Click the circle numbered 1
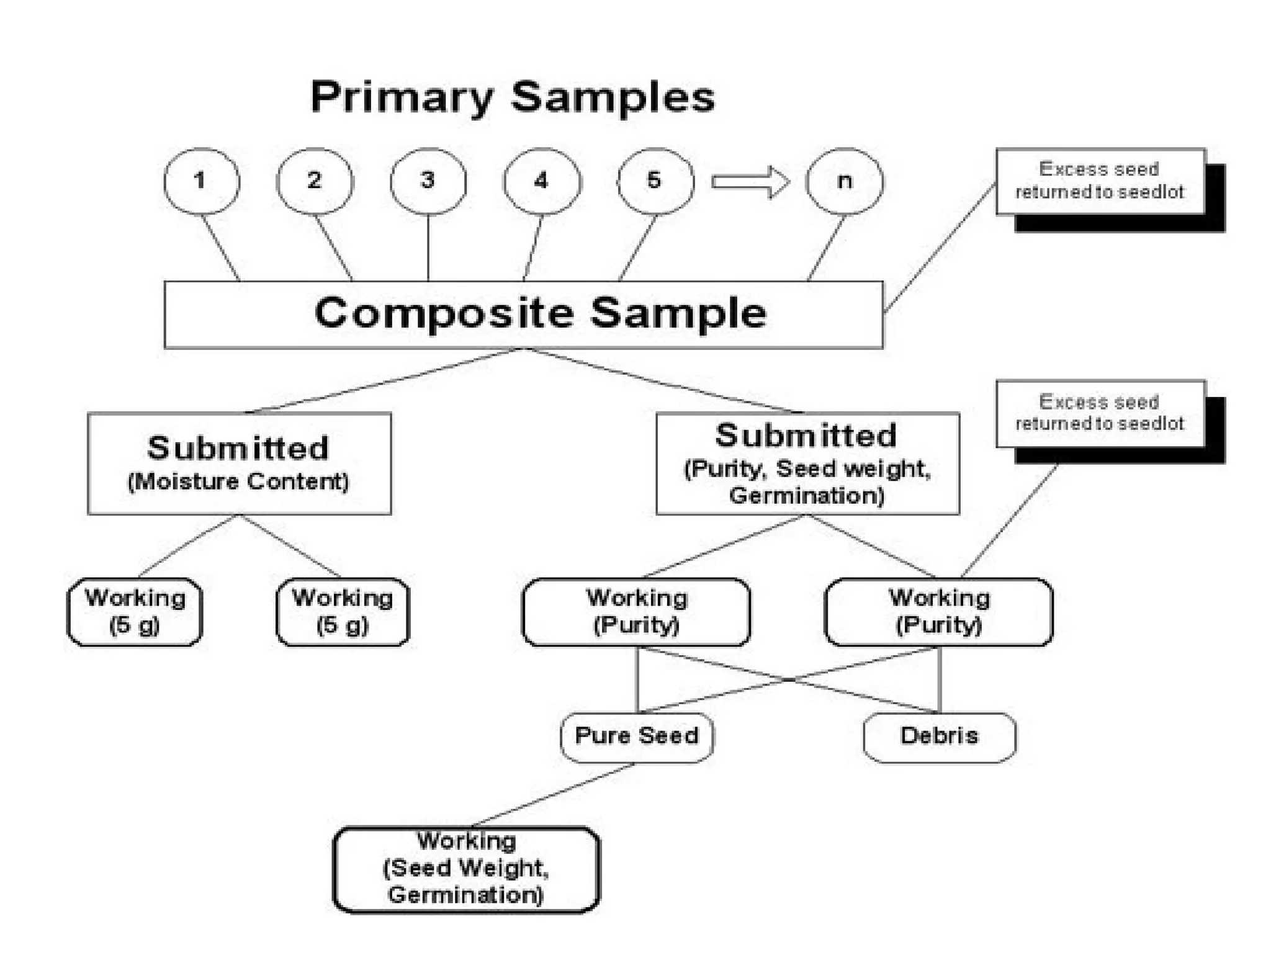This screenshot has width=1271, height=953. pyautogui.click(x=200, y=181)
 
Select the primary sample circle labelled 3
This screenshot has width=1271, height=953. pyautogui.click(x=428, y=181)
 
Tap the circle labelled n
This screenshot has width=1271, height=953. pyautogui.click(x=844, y=181)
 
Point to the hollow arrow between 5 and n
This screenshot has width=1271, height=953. pyautogui.click(x=750, y=182)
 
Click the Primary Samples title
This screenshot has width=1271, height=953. pyautogui.click(x=512, y=97)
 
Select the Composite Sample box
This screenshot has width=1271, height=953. pyautogui.click(x=523, y=314)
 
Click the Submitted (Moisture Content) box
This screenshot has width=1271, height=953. pyautogui.click(x=239, y=463)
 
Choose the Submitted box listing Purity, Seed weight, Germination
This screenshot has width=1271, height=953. pyautogui.click(x=807, y=463)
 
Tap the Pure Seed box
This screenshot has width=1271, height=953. pyautogui.click(x=636, y=736)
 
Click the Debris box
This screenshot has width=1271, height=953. pyautogui.click(x=939, y=736)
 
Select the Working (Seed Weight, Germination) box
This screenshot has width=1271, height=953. pyautogui.click(x=466, y=869)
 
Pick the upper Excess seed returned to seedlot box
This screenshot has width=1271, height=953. pyautogui.click(x=1100, y=181)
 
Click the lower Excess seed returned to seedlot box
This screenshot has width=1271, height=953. pyautogui.click(x=1100, y=413)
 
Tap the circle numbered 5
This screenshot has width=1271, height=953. pyautogui.click(x=655, y=181)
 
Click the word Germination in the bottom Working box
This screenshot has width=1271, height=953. pyautogui.click(x=466, y=895)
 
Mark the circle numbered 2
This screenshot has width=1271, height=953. pyautogui.click(x=314, y=181)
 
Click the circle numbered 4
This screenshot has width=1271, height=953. pyautogui.click(x=541, y=181)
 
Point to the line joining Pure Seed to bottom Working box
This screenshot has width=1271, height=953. pyautogui.click(x=552, y=795)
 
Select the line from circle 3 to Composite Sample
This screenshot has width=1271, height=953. pyautogui.click(x=428, y=248)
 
